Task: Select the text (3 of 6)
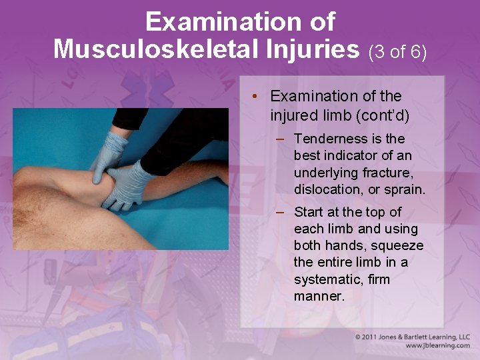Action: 397,51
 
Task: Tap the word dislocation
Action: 326,189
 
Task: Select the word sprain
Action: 404,189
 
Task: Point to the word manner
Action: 319,295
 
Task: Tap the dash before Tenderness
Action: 282,139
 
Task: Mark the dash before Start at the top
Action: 282,212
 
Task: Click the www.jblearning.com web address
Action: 437,346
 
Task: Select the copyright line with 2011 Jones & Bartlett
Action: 413,337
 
